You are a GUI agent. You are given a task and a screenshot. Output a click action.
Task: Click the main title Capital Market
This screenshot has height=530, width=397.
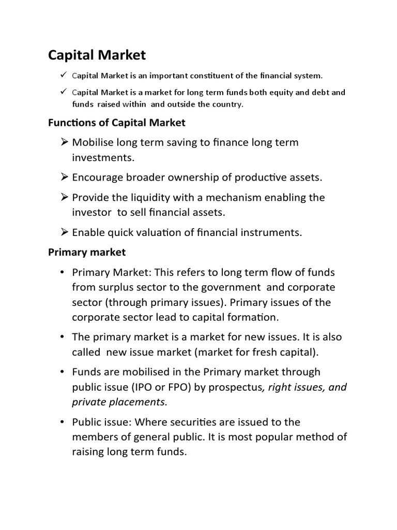[x=97, y=55]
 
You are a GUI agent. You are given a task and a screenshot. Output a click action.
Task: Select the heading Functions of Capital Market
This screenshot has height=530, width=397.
[x=116, y=123]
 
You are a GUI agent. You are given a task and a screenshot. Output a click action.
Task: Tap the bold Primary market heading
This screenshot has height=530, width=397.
[x=87, y=252]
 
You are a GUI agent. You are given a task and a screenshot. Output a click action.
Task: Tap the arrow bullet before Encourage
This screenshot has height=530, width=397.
[x=65, y=178]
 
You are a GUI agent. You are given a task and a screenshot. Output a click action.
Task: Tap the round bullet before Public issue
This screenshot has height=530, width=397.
[x=62, y=422]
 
